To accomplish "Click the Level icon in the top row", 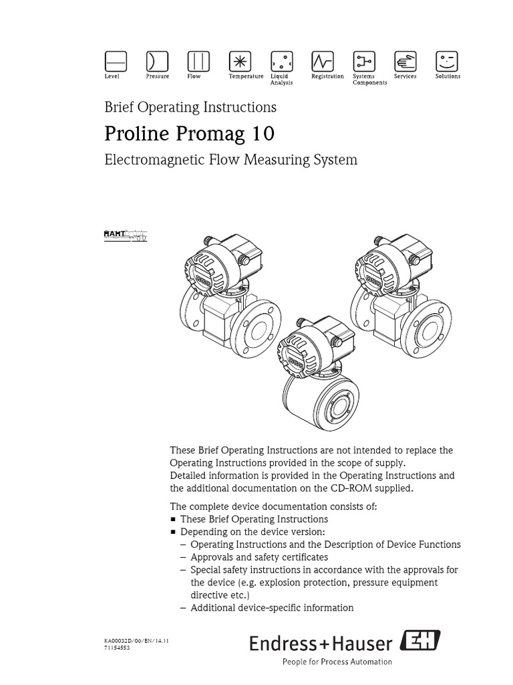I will (116, 62).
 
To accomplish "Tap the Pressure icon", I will (157, 62).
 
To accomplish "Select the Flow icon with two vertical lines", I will (198, 62).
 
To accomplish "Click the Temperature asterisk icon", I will (239, 62).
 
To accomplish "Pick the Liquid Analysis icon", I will (281, 62).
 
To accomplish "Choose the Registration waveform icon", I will (322, 62).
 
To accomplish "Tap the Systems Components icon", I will (363, 62).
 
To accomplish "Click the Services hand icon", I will (405, 62).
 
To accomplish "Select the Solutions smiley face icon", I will (446, 62).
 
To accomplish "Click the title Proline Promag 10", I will (189, 134).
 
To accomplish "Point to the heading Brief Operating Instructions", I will (190, 107).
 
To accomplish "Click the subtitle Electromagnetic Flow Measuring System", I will (230, 160).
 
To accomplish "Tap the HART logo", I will (126, 234).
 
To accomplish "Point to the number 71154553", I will (118, 648).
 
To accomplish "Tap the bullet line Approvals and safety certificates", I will (259, 557).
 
